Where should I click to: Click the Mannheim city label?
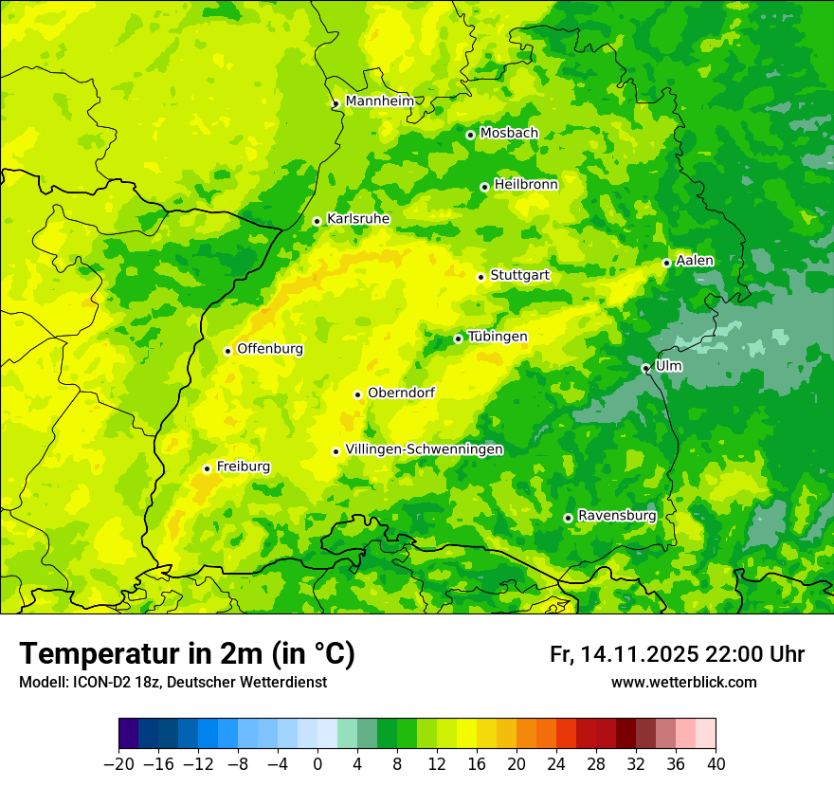coord(379,101)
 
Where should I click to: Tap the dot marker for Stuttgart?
coord(480,277)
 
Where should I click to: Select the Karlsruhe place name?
coord(357,219)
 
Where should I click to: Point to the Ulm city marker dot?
coord(645,368)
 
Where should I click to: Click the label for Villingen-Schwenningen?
coord(424,449)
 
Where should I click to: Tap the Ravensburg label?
coord(616,516)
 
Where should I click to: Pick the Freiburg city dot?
coord(207,468)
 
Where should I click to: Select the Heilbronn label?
coord(526,185)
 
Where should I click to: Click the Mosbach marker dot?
coord(470,135)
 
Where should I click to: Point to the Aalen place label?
coord(695,261)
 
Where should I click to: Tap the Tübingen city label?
coord(497,337)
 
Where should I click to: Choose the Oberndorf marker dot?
coord(357,394)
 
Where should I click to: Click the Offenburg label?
coord(270,349)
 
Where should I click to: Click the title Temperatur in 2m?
coord(187,654)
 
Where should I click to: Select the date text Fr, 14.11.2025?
coord(624,654)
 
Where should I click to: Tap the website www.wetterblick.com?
coord(683,683)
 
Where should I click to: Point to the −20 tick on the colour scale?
coord(118,764)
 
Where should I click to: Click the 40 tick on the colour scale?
coord(716,764)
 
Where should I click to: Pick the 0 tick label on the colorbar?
coord(317,764)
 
